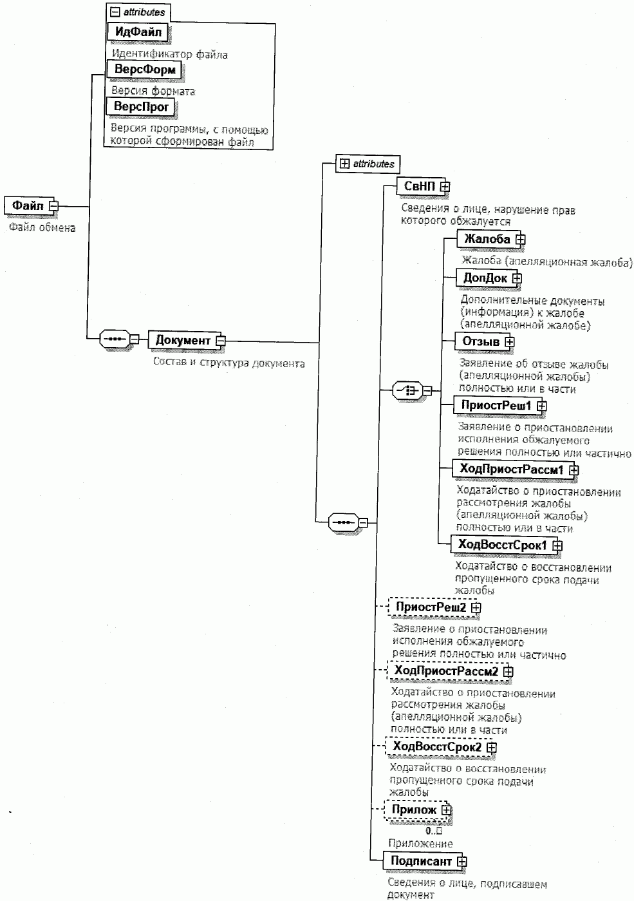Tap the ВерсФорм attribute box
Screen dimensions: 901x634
tap(144, 70)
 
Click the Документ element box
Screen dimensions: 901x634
tap(182, 340)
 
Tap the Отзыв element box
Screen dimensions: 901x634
tap(481, 341)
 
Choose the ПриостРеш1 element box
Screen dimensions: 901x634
tap(496, 406)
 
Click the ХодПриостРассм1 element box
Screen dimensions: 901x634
tap(510, 469)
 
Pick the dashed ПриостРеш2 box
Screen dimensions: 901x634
tap(430, 607)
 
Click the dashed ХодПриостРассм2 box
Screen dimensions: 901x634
tap(445, 672)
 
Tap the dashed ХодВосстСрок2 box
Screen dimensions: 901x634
tap(436, 747)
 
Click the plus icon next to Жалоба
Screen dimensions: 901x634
tap(521, 240)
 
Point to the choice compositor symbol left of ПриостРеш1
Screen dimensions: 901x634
tap(407, 390)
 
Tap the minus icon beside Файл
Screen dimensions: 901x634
tap(53, 206)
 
